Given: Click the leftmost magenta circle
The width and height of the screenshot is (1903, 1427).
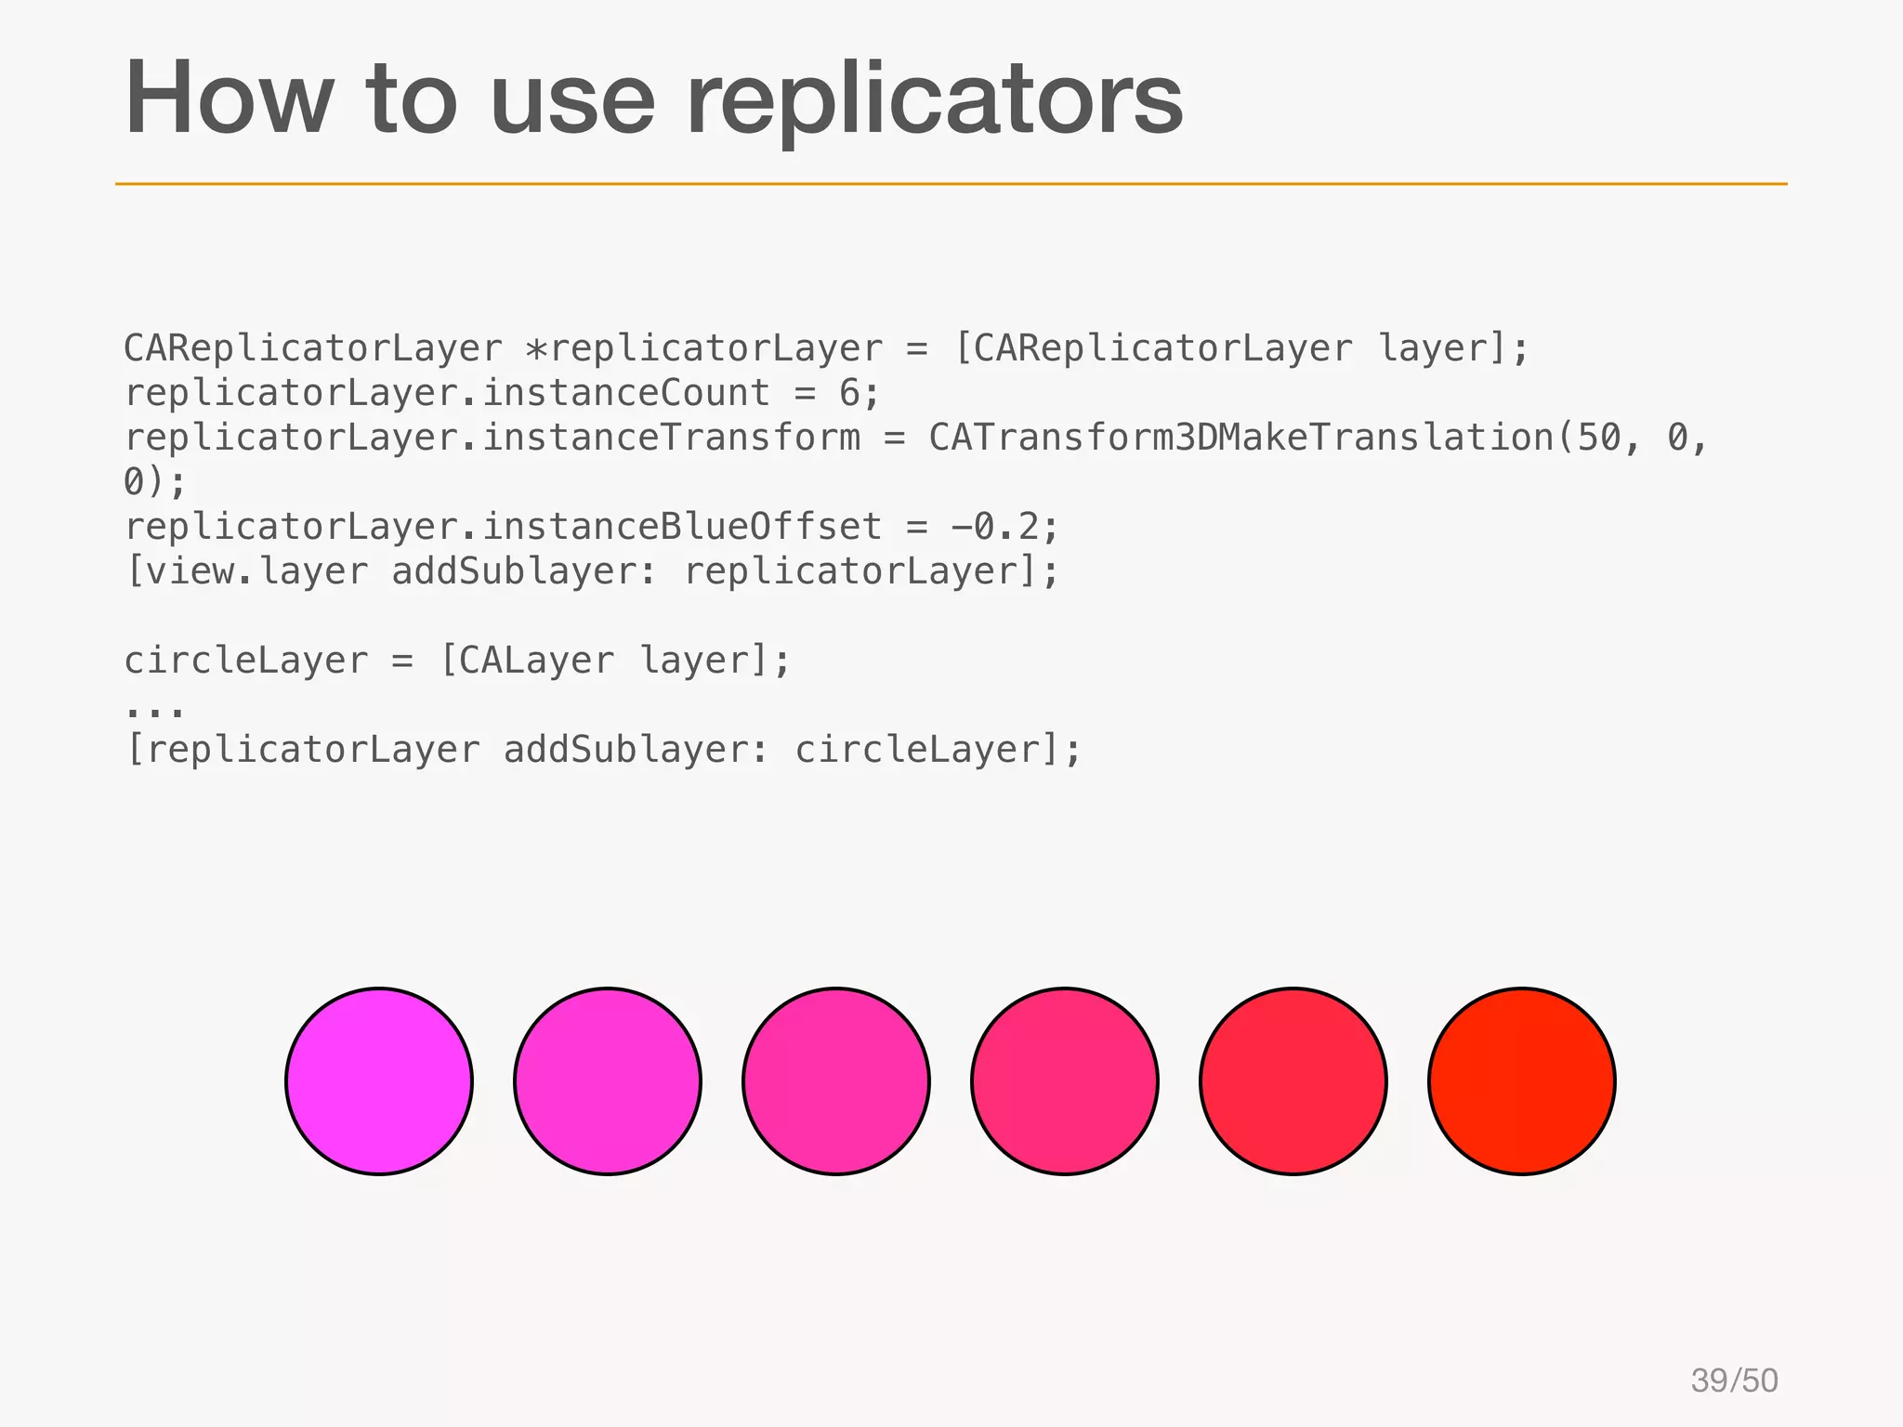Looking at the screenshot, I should pos(379,1081).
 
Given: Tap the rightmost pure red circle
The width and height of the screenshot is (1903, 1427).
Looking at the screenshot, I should pos(1521,1081).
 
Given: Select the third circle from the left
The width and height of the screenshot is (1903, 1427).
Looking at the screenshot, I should pos(836,1081).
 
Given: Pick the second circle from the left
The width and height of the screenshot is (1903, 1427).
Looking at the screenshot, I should pos(608,1081).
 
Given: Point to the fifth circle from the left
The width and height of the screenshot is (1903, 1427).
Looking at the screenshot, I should pos(1293,1081).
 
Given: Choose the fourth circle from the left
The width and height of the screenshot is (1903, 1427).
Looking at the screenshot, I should pos(1065,1081).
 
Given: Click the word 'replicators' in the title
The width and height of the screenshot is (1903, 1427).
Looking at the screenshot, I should pos(934,100).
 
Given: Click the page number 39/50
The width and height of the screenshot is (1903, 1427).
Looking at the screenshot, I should pos(1734,1381).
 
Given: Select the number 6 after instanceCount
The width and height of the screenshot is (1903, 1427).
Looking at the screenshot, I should pos(849,393).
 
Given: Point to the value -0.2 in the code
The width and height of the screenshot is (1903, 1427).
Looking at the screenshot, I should pos(994,527).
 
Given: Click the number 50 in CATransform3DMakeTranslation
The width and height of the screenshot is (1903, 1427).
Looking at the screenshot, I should pos(1598,438).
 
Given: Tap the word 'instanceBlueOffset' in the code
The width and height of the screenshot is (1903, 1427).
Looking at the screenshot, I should pos(682,527).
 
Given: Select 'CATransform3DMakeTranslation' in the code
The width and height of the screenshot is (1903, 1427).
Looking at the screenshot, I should pos(1241,438).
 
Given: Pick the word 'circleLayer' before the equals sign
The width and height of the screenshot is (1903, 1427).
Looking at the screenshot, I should pos(246,661).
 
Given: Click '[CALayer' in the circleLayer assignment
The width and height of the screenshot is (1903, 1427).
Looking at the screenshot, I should pos(526,661).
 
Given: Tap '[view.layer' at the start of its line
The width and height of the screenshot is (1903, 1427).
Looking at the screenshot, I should pos(246,571).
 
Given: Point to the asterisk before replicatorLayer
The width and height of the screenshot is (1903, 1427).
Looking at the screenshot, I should pos(536,350).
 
